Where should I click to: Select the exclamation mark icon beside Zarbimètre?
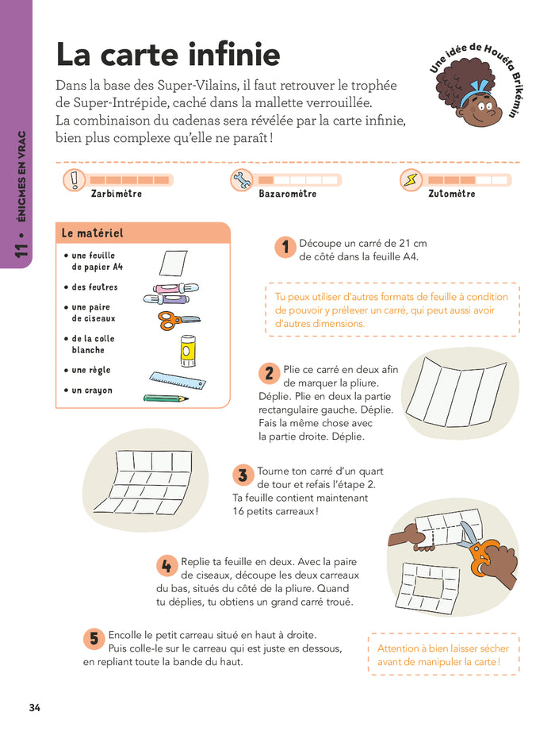click(x=75, y=180)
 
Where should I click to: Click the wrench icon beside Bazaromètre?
click(x=242, y=180)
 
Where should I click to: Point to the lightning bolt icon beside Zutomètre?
click(x=411, y=180)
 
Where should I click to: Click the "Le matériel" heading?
click(x=93, y=233)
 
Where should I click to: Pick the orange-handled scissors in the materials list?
click(x=179, y=321)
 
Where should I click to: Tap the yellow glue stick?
click(x=188, y=351)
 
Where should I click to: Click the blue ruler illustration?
click(x=178, y=380)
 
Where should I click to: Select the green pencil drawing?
click(x=166, y=398)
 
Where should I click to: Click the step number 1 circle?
click(x=285, y=247)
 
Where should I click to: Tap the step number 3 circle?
click(x=243, y=475)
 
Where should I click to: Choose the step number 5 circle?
click(x=94, y=639)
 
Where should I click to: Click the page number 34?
click(x=34, y=708)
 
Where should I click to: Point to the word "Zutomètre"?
click(x=452, y=194)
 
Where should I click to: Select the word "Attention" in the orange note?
click(x=398, y=648)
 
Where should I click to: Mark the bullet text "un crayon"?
click(x=92, y=391)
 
